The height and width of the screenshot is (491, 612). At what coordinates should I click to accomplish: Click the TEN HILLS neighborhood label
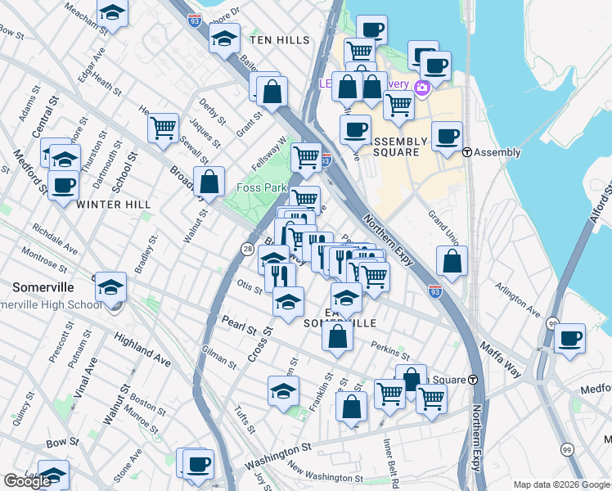coord(280,40)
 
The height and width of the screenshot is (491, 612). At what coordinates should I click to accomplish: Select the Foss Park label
coord(261,187)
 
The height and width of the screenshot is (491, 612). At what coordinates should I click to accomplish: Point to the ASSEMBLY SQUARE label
coord(401,146)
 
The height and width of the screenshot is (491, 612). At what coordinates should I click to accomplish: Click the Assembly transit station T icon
coord(467,152)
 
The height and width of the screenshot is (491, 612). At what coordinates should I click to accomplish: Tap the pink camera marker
coord(422,88)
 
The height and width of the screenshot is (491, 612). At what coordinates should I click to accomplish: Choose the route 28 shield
coord(247,249)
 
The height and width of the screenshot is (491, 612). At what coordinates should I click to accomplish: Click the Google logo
coord(27,481)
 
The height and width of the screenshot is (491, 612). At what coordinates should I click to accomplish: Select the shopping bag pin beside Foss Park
coord(209,182)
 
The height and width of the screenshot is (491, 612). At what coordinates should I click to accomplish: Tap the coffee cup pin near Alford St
coord(569,337)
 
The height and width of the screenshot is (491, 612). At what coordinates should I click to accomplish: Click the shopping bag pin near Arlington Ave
coord(452,262)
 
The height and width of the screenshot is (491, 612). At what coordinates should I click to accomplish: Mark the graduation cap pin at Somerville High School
coord(111,287)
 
